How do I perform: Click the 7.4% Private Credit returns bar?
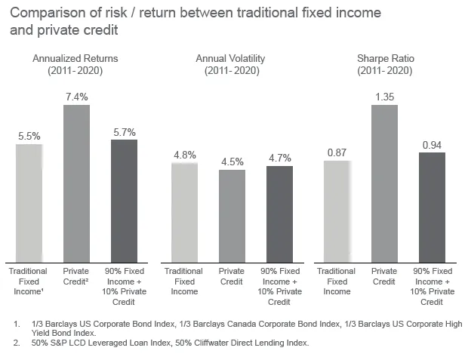(x=76, y=183)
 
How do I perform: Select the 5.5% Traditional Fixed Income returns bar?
(x=29, y=202)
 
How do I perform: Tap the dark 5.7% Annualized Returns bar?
(x=124, y=201)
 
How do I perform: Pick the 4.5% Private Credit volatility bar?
(x=232, y=216)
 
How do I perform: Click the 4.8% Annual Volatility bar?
(x=184, y=212)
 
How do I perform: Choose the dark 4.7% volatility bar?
(x=279, y=214)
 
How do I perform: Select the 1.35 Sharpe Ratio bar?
(x=385, y=183)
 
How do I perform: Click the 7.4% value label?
(x=76, y=97)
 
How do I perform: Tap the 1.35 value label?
(x=385, y=97)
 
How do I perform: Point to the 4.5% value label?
(x=232, y=160)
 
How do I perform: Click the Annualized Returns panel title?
(x=75, y=64)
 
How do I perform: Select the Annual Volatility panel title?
(x=231, y=64)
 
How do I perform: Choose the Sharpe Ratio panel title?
(x=385, y=64)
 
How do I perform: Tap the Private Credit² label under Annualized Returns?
(x=76, y=276)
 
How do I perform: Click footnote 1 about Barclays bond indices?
(x=242, y=328)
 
